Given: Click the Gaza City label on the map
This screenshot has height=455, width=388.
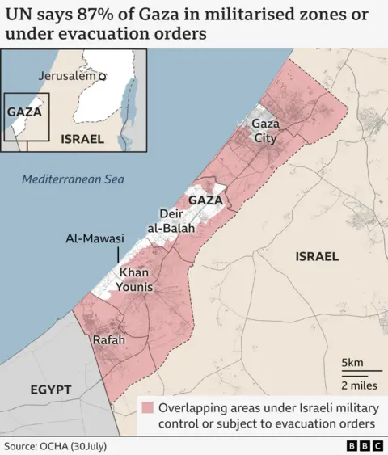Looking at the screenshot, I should point(264,131).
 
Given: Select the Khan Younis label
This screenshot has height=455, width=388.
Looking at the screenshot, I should point(136,280).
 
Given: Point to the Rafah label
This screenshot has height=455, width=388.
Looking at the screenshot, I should point(109,340).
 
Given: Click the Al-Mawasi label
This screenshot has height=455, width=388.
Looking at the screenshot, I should point(95,239).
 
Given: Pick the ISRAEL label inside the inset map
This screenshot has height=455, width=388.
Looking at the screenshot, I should point(82,138).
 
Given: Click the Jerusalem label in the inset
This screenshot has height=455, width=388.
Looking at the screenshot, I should point(66,75).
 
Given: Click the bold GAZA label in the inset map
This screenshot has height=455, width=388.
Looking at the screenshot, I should point(24,112).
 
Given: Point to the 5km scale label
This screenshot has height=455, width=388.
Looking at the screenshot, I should point(352,361).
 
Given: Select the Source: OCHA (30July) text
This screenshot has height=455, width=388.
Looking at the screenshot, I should point(55,445).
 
